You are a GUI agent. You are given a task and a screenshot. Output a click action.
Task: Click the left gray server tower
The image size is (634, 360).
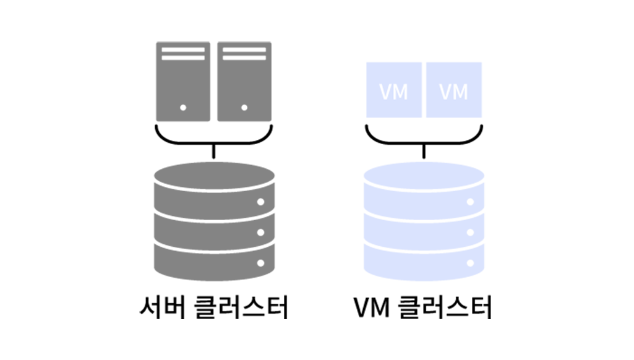pos(183,81)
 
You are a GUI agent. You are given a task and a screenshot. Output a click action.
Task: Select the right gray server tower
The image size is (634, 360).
pos(244,81)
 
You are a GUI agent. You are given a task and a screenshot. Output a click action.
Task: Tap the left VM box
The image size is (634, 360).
pos(394,90)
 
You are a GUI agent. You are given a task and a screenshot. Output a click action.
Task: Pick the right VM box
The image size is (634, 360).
pos(454,90)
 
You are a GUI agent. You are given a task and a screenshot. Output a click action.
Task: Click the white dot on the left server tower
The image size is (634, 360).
pos(183,108)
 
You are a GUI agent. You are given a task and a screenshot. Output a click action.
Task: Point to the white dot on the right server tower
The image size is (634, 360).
pos(244,108)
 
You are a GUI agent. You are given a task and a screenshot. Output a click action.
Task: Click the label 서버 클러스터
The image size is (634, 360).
pos(214,308)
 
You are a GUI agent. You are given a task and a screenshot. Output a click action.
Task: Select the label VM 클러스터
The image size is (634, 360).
pos(423,308)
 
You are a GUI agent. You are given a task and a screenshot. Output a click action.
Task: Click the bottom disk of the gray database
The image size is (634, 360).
pos(214,262)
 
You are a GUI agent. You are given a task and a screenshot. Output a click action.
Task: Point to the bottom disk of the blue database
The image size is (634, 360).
pos(424,262)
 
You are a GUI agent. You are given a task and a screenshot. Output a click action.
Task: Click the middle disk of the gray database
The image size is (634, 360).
pos(214,232)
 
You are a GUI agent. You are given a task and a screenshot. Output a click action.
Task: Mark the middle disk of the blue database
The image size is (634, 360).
pos(424,232)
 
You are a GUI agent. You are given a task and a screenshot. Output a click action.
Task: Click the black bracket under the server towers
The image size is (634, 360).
pos(214,142)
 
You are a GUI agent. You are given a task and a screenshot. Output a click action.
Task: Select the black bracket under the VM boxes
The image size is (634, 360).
pos(424,142)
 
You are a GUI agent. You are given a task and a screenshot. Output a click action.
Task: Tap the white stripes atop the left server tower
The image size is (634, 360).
pos(183,54)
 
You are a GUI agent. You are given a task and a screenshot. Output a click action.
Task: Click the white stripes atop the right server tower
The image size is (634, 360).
pos(244,54)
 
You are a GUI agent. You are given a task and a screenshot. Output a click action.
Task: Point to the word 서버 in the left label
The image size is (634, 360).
pos(163,308)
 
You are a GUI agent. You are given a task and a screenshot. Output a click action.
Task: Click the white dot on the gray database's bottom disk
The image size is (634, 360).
pos(261,264)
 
